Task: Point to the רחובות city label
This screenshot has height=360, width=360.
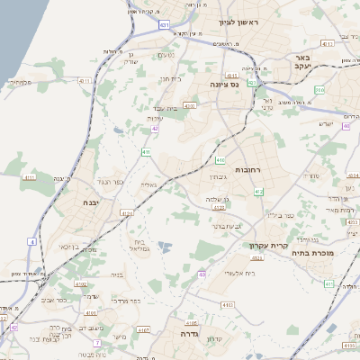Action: point(247,169)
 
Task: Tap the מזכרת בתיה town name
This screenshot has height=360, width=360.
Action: point(312,253)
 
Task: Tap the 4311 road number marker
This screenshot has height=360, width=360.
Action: point(86,82)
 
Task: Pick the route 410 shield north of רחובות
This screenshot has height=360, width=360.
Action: point(220,159)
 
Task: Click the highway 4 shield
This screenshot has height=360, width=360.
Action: point(31,242)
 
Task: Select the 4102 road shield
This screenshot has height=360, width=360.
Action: point(81,283)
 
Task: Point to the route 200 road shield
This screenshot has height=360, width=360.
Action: point(319,90)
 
